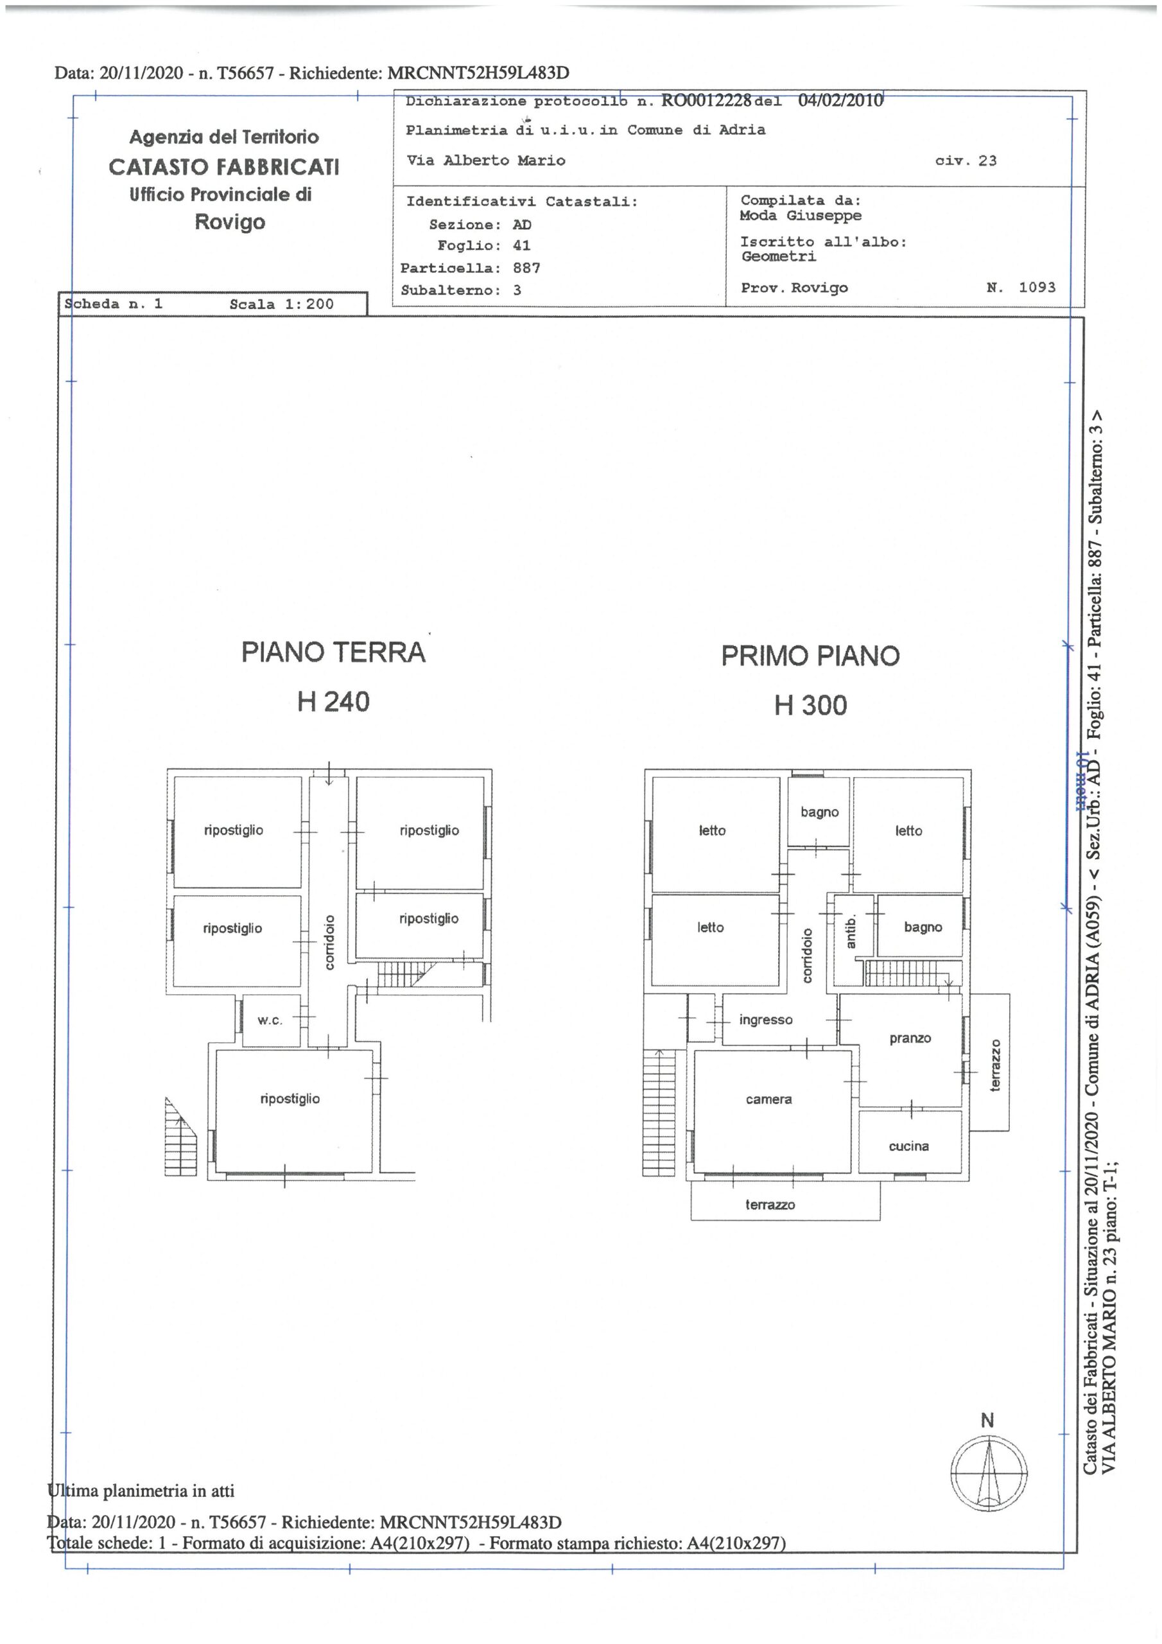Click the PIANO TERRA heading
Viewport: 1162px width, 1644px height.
click(333, 652)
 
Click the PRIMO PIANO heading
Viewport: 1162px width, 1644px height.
click(810, 656)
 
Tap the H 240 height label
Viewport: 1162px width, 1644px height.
click(333, 701)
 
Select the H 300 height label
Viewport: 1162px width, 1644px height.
click(810, 705)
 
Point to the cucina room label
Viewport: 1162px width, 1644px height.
click(908, 1146)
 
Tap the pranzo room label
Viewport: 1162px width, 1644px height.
click(910, 1038)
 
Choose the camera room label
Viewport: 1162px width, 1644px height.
click(768, 1099)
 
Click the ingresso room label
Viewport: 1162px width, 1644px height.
click(765, 1020)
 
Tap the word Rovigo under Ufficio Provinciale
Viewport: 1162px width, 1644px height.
click(230, 223)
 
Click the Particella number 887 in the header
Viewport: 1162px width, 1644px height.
click(526, 268)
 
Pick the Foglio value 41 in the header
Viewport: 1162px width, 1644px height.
click(521, 245)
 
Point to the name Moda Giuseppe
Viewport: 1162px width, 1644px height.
click(801, 216)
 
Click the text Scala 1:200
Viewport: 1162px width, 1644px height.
click(281, 304)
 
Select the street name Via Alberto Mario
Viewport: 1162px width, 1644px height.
click(486, 161)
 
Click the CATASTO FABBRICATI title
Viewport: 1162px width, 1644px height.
click(224, 167)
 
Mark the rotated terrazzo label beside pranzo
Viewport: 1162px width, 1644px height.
click(994, 1065)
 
